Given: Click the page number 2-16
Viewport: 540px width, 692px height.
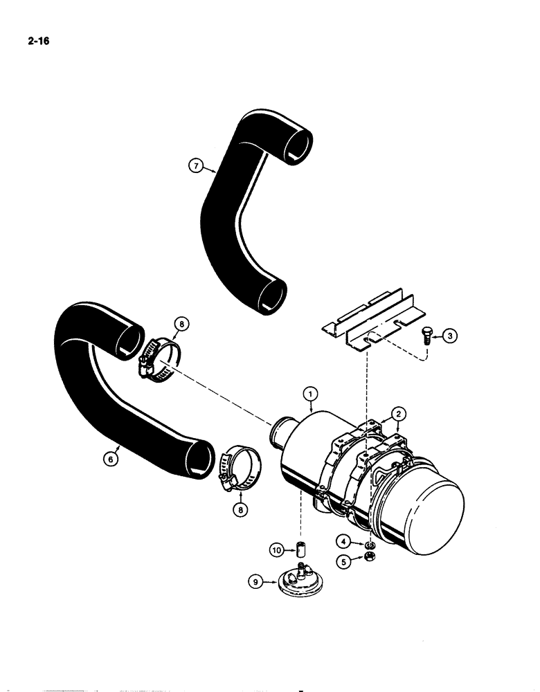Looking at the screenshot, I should pyautogui.click(x=30, y=41).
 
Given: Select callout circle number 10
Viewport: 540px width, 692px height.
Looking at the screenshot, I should pyautogui.click(x=277, y=550).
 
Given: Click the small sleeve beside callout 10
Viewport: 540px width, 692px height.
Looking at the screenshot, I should pyautogui.click(x=300, y=552).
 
